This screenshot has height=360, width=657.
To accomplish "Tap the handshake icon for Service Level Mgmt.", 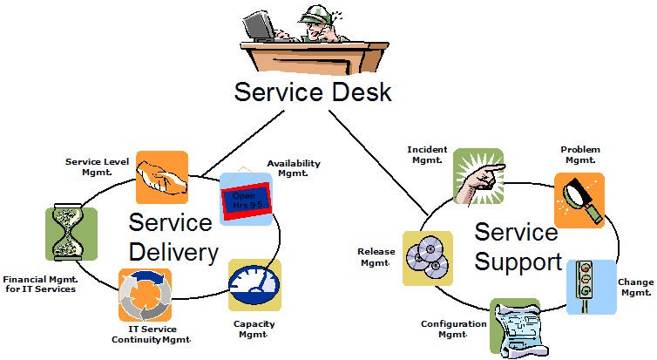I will pos(162,177).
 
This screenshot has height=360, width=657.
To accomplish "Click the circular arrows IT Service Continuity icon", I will pos(145,294).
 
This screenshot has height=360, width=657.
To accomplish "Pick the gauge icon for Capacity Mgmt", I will pos(254,284).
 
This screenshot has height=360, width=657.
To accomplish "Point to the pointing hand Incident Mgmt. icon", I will pos(478,175).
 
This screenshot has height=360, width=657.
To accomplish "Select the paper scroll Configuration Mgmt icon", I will pos(516,326).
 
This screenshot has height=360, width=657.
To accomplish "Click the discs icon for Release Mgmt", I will pos(427,258).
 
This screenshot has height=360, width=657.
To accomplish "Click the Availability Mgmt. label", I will pos(294,168).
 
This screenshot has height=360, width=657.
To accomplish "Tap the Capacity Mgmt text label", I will pos(254,329).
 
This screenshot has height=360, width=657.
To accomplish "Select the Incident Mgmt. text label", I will pos(427,154).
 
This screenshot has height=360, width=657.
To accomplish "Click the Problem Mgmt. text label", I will pos(580,154).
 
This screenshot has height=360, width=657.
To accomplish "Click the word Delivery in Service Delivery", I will pos(173,253).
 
